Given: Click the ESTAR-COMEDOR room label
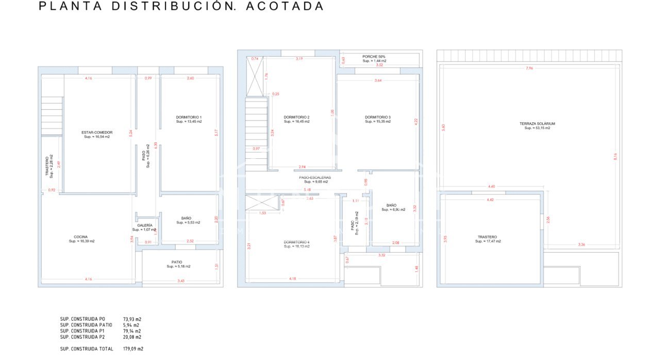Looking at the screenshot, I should [96, 133].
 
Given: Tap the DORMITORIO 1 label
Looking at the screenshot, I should [189, 118].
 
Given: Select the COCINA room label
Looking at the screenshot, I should [81, 237].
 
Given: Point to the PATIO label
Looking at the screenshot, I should [178, 262].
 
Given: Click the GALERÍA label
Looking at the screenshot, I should [145, 225].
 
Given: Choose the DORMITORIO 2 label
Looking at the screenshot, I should [296, 118].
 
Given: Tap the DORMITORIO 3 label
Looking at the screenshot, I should [378, 117].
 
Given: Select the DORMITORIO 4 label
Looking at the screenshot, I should [296, 242].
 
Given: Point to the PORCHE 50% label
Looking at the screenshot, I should [374, 57].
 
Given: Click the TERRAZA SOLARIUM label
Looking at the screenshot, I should [537, 124].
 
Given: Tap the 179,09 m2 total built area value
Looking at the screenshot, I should [132, 349].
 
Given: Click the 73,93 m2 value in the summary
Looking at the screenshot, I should [132, 319].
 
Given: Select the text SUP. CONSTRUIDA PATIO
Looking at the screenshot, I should [86, 325].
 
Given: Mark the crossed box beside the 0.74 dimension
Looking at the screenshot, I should [255, 77].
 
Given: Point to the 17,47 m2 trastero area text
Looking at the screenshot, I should [488, 241].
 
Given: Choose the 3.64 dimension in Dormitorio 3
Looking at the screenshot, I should [378, 80].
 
